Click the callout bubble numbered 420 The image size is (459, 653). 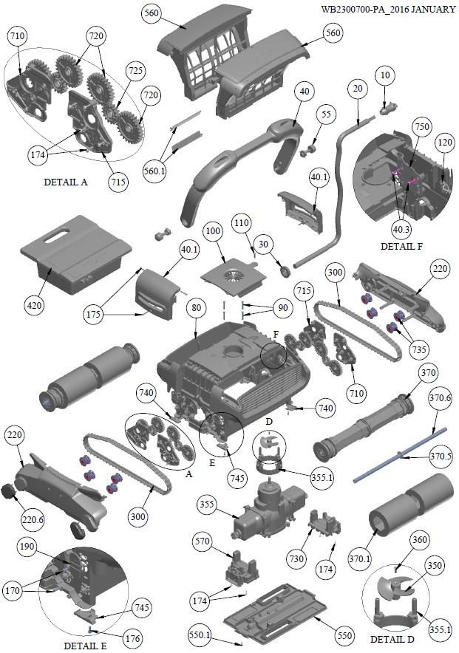coord(35,304)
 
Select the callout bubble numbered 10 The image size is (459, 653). coord(384,77)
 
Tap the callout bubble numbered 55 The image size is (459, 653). coord(326,114)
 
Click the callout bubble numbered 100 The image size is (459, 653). coord(213,231)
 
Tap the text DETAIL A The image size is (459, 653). coord(65,182)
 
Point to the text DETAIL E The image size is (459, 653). coord(86,645)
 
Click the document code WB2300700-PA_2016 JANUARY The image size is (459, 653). coord(388,10)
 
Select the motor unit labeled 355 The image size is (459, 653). coord(265,510)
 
